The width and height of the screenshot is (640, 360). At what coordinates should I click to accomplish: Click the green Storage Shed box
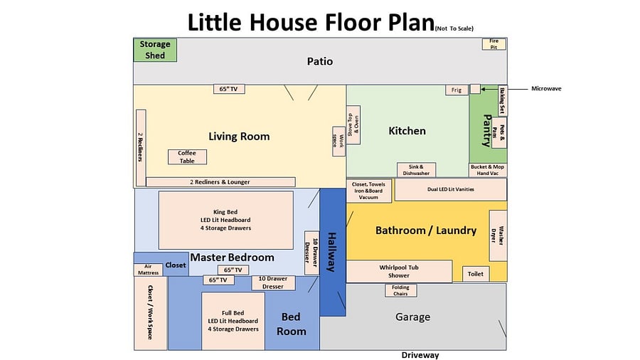click(x=155, y=50)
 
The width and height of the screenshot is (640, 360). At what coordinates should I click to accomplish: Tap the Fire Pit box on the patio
click(x=494, y=44)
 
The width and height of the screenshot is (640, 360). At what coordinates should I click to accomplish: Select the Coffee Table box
click(x=187, y=157)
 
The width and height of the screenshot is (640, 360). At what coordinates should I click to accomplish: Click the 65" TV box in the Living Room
click(x=229, y=89)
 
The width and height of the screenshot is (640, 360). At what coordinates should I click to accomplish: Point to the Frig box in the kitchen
click(x=457, y=90)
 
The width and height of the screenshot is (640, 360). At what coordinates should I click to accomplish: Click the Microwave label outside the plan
click(x=546, y=88)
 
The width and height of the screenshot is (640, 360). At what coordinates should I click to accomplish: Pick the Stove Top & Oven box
click(x=353, y=125)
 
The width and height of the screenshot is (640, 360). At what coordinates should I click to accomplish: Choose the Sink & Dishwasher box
click(x=416, y=170)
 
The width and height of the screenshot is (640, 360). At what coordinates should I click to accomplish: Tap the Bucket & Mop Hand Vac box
click(x=488, y=170)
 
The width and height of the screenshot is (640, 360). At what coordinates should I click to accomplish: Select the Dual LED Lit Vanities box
click(x=451, y=189)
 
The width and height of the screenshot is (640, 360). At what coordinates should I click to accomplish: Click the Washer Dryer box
click(x=498, y=235)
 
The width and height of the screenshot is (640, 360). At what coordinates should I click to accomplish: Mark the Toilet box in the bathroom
click(x=476, y=274)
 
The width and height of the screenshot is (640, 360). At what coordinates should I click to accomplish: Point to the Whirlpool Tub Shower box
click(x=399, y=272)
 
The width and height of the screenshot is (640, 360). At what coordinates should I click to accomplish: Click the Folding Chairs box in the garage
click(x=401, y=290)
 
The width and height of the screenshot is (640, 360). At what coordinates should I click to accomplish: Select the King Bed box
click(x=225, y=220)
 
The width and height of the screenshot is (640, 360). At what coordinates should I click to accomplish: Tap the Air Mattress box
click(x=148, y=270)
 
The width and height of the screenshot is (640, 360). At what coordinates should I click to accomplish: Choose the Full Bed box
click(x=233, y=321)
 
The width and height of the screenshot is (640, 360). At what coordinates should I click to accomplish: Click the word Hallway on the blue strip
click(x=332, y=253)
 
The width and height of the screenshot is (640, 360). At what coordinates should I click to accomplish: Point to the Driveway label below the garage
click(x=420, y=355)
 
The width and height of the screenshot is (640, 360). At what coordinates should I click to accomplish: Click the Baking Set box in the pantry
click(x=503, y=100)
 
